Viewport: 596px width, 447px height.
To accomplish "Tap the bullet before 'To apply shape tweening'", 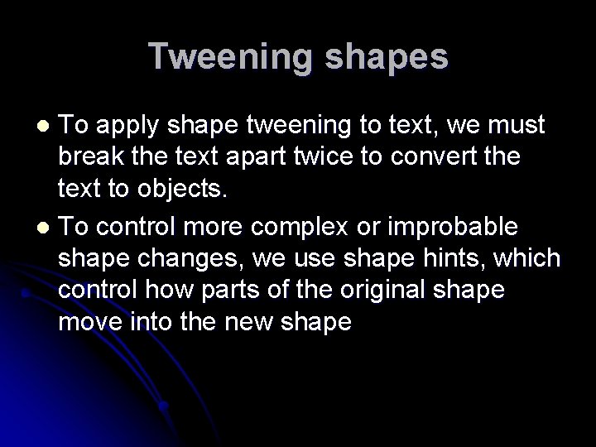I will tap(46, 126).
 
